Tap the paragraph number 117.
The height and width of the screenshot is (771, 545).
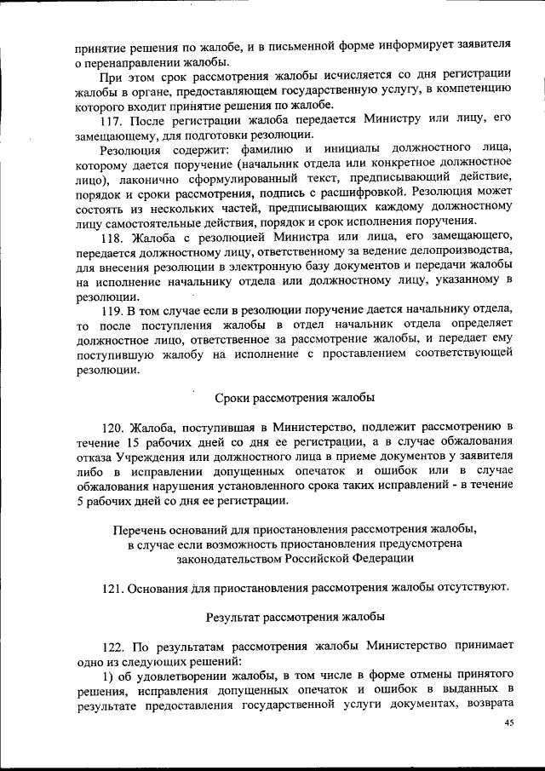point(113,118)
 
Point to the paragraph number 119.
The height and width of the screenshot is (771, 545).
point(113,311)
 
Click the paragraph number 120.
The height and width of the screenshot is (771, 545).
point(113,425)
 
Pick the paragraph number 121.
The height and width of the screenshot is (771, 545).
point(113,587)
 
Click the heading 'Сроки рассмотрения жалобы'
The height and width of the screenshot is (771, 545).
point(294,398)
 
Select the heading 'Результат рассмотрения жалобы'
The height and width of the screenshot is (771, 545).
point(294,615)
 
